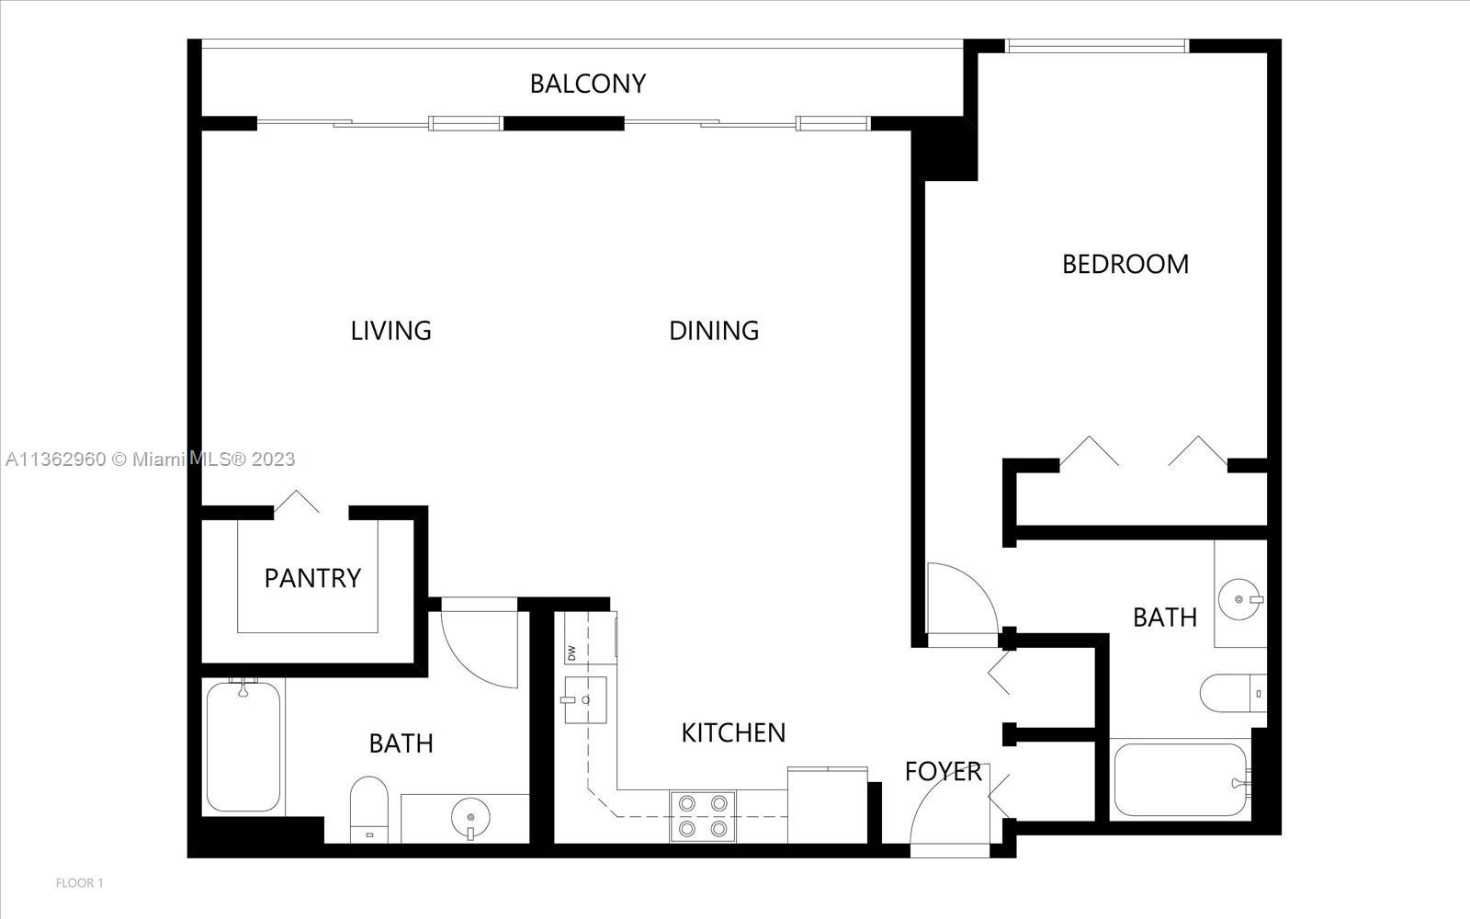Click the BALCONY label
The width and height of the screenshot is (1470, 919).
(587, 84)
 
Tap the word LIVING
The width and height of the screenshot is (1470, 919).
(391, 331)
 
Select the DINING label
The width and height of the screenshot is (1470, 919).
(714, 331)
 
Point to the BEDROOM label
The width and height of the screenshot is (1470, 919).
(1125, 265)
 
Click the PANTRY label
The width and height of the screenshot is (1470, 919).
(312, 579)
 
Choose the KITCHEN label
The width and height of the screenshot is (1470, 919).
(733, 733)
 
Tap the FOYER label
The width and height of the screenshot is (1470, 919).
(943, 772)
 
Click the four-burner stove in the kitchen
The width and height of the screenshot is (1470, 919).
(703, 816)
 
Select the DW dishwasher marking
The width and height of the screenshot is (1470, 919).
(571, 653)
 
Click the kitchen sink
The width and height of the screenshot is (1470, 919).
(585, 700)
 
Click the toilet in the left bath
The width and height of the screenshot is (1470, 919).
(368, 810)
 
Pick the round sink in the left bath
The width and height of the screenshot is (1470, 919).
(470, 818)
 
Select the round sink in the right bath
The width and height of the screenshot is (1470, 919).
(1239, 599)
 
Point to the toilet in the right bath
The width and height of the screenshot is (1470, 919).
(1233, 693)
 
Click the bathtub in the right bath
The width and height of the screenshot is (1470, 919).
(1181, 780)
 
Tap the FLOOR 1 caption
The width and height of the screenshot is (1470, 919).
(79, 883)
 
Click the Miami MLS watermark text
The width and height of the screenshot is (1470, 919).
(151, 459)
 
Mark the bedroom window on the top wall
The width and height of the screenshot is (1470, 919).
(1097, 46)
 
